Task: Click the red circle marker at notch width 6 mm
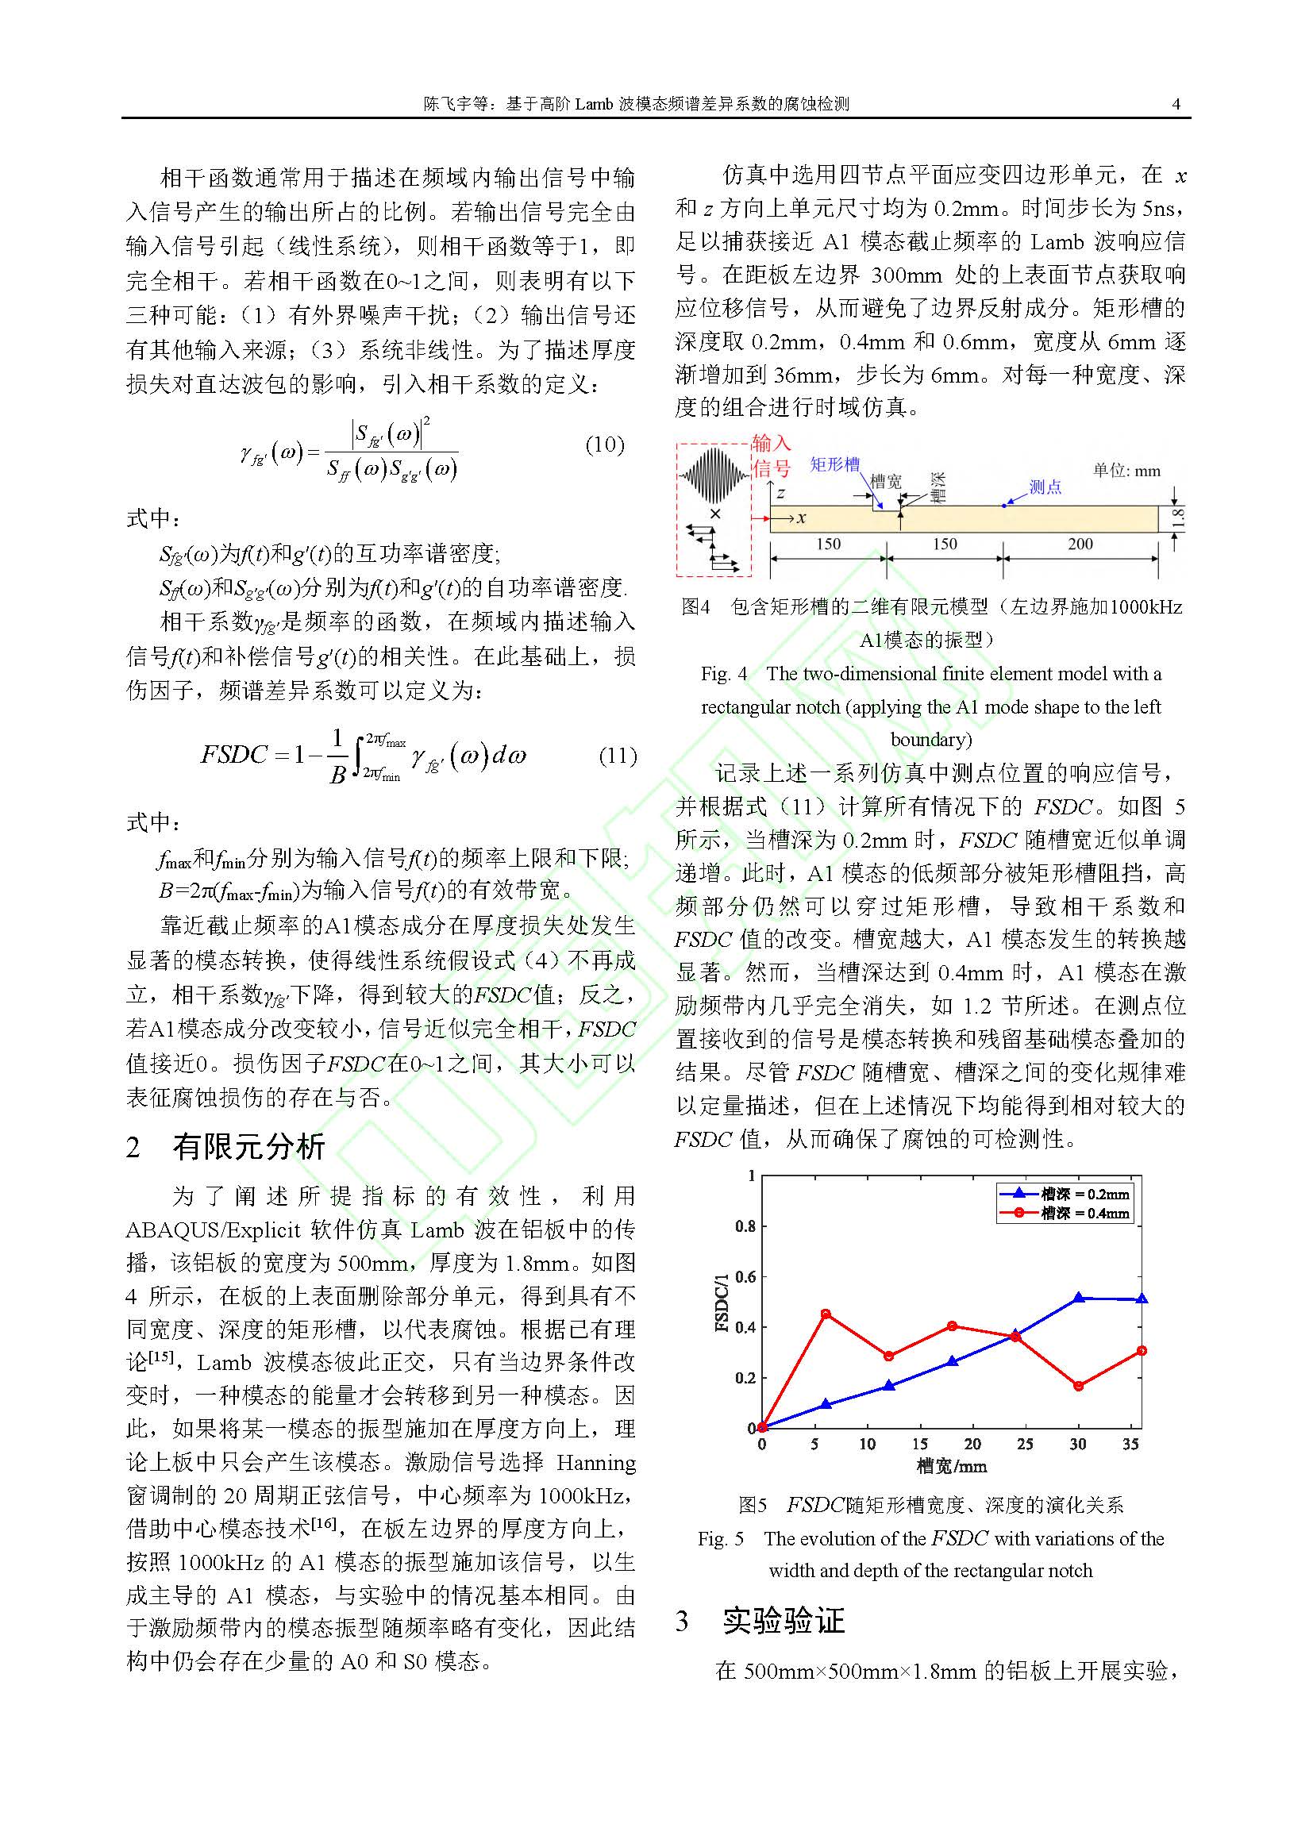pyautogui.click(x=826, y=1314)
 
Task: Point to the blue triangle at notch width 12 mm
pyautogui.click(x=888, y=1384)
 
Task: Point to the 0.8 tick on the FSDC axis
pyautogui.click(x=745, y=1226)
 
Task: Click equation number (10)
pyautogui.click(x=605, y=444)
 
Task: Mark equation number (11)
pyautogui.click(x=618, y=756)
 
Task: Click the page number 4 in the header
pyautogui.click(x=1176, y=103)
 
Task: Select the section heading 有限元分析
pyautogui.click(x=248, y=1147)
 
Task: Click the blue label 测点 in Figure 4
pyautogui.click(x=1045, y=487)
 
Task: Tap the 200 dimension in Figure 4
pyautogui.click(x=1080, y=544)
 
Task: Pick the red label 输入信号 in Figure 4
pyautogui.click(x=771, y=455)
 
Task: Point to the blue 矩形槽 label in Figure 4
pyautogui.click(x=834, y=464)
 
